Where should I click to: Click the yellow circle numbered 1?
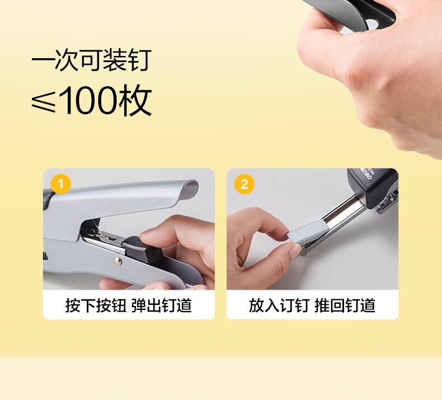[x=60, y=185]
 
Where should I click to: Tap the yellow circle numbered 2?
[x=244, y=185]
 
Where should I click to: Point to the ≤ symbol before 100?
[x=44, y=101]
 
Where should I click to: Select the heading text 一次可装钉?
[x=92, y=60]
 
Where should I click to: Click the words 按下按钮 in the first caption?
[x=96, y=305]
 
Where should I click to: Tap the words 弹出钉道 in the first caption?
[x=162, y=305]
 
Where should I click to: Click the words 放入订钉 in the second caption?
[x=279, y=305]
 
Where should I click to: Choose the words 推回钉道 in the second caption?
[x=345, y=305]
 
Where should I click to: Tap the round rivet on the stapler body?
[x=119, y=261]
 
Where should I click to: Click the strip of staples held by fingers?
[x=307, y=232]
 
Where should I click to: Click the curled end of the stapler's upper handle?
[x=189, y=190]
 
